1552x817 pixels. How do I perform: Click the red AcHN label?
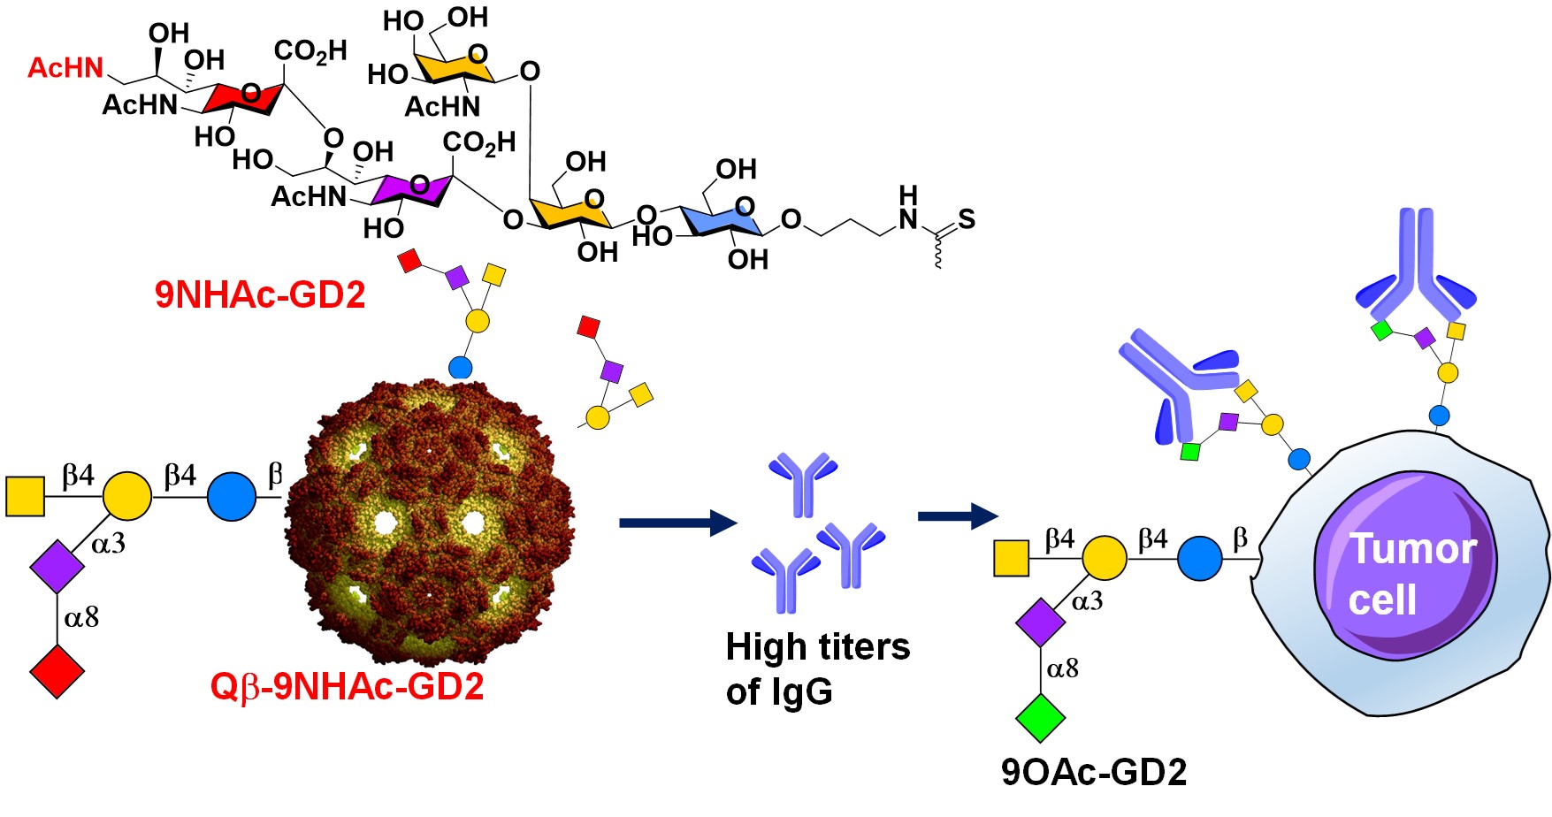pyautogui.click(x=65, y=68)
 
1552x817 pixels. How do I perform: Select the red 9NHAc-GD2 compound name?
pyautogui.click(x=260, y=294)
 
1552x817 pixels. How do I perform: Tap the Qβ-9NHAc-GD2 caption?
pyautogui.click(x=347, y=686)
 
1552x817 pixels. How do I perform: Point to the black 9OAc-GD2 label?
pyautogui.click(x=1094, y=772)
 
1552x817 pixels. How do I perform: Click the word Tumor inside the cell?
pyautogui.click(x=1412, y=549)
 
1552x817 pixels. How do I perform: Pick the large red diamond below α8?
pyautogui.click(x=57, y=672)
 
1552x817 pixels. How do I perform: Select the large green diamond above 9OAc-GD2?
pyautogui.click(x=1040, y=717)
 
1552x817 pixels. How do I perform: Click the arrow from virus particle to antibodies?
pyautogui.click(x=677, y=523)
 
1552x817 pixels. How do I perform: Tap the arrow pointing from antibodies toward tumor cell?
pyautogui.click(x=958, y=515)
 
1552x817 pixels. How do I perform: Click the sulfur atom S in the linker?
pyautogui.click(x=967, y=219)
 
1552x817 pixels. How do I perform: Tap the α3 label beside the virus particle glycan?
pyautogui.click(x=108, y=544)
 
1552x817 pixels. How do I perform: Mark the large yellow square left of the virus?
pyautogui.click(x=26, y=496)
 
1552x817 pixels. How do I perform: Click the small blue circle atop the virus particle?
pyautogui.click(x=461, y=367)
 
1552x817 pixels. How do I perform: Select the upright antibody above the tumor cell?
pyautogui.click(x=1415, y=265)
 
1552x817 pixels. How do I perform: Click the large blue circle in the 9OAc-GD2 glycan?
pyautogui.click(x=1199, y=558)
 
